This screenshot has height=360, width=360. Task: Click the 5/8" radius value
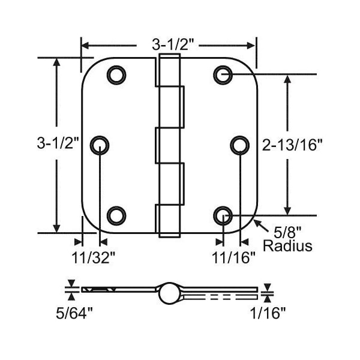tap(286, 231)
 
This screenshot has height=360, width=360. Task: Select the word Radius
tap(288, 246)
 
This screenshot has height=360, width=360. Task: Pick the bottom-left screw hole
tap(116, 214)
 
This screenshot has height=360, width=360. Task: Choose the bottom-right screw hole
tap(222, 214)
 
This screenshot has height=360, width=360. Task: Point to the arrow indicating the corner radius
tap(258, 224)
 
